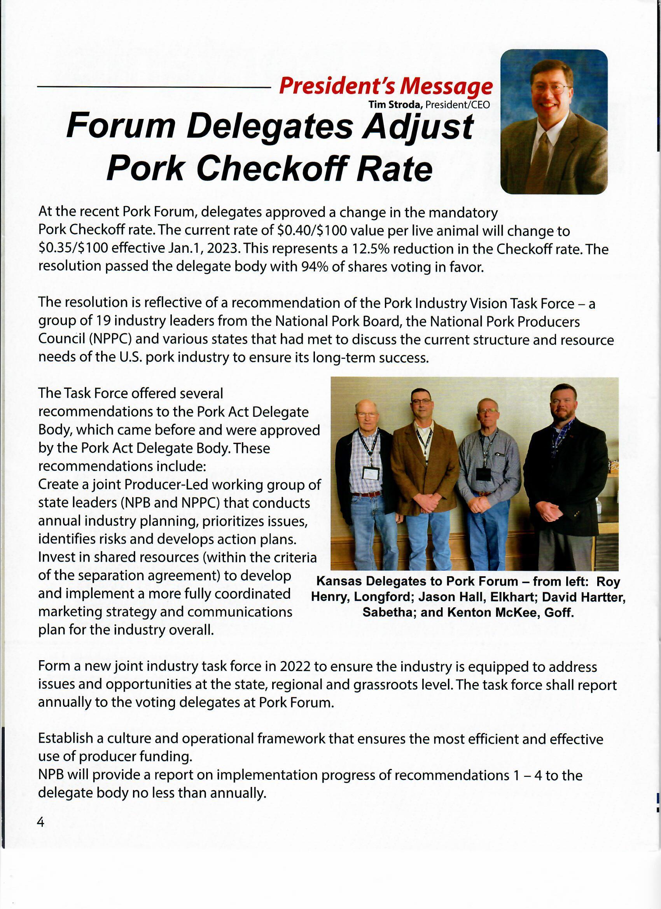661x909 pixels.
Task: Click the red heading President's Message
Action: (x=385, y=86)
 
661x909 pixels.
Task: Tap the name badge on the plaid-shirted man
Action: (x=370, y=473)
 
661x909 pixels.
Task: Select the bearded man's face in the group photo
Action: (x=563, y=404)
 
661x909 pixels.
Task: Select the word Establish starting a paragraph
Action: (x=66, y=739)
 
